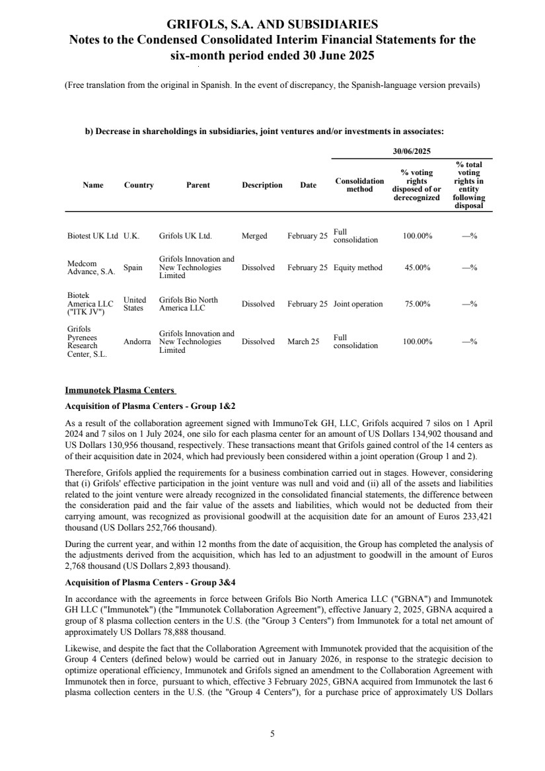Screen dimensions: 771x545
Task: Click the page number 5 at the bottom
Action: (272, 733)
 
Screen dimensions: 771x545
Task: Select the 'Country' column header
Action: (139, 185)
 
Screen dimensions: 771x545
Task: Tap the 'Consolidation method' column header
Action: (359, 185)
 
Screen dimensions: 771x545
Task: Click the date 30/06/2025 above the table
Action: (412, 151)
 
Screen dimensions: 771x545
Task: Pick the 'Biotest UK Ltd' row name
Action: (92, 236)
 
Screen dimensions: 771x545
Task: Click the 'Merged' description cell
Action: (254, 236)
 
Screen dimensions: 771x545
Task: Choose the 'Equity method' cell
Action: (357, 268)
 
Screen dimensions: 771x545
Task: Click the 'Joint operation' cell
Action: (358, 304)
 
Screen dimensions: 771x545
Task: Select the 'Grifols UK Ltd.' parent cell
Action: (185, 236)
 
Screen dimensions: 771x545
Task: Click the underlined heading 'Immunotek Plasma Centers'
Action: (120, 390)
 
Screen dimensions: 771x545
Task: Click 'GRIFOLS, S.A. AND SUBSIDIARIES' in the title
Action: (272, 25)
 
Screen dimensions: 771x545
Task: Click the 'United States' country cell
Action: (135, 304)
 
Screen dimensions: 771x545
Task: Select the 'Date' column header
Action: (308, 185)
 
